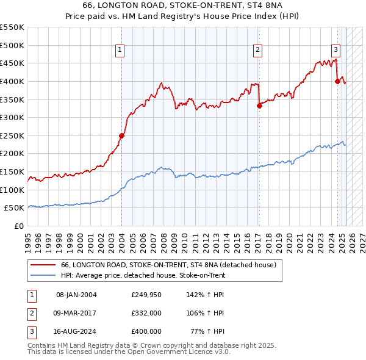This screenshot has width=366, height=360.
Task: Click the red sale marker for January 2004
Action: point(121,136)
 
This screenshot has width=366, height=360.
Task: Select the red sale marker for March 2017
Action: point(259,106)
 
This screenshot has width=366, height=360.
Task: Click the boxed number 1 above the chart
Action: point(120,51)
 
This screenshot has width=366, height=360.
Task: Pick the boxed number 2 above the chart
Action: point(258,51)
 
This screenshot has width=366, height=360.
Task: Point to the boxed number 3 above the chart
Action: point(335,51)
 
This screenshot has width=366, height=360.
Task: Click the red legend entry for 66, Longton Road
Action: point(168,265)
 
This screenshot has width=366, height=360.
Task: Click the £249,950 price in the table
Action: point(146,295)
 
